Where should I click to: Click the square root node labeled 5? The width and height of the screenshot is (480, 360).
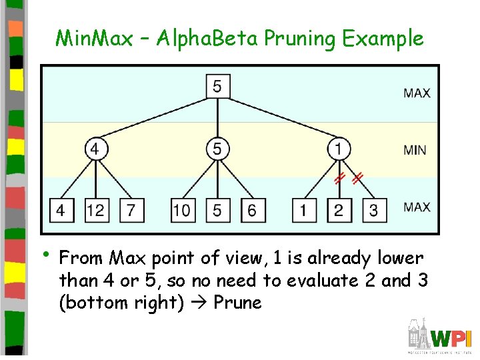pos(217,86)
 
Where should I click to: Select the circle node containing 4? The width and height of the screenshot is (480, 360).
pos(95,149)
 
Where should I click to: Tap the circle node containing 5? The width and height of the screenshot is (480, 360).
pos(217,149)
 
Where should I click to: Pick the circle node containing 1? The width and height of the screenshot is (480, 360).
pos(339,149)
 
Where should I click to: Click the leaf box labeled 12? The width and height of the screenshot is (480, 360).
pos(95,210)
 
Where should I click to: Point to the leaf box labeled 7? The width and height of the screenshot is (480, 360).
pos(131,210)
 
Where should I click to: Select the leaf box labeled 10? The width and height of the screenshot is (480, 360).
pos(181,210)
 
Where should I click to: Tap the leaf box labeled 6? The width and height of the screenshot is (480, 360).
pos(251,210)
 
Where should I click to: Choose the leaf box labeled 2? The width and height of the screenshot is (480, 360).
pos(339,210)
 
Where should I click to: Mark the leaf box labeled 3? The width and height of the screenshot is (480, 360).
pos(373,210)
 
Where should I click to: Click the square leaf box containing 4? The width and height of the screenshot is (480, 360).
pos(61,210)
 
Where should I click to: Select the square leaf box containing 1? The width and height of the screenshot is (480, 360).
pos(304,210)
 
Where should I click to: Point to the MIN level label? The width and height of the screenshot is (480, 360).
pos(415,149)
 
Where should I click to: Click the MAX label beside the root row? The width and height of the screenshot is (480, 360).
pos(417,93)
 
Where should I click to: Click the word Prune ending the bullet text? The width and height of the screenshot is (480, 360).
pos(237,303)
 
